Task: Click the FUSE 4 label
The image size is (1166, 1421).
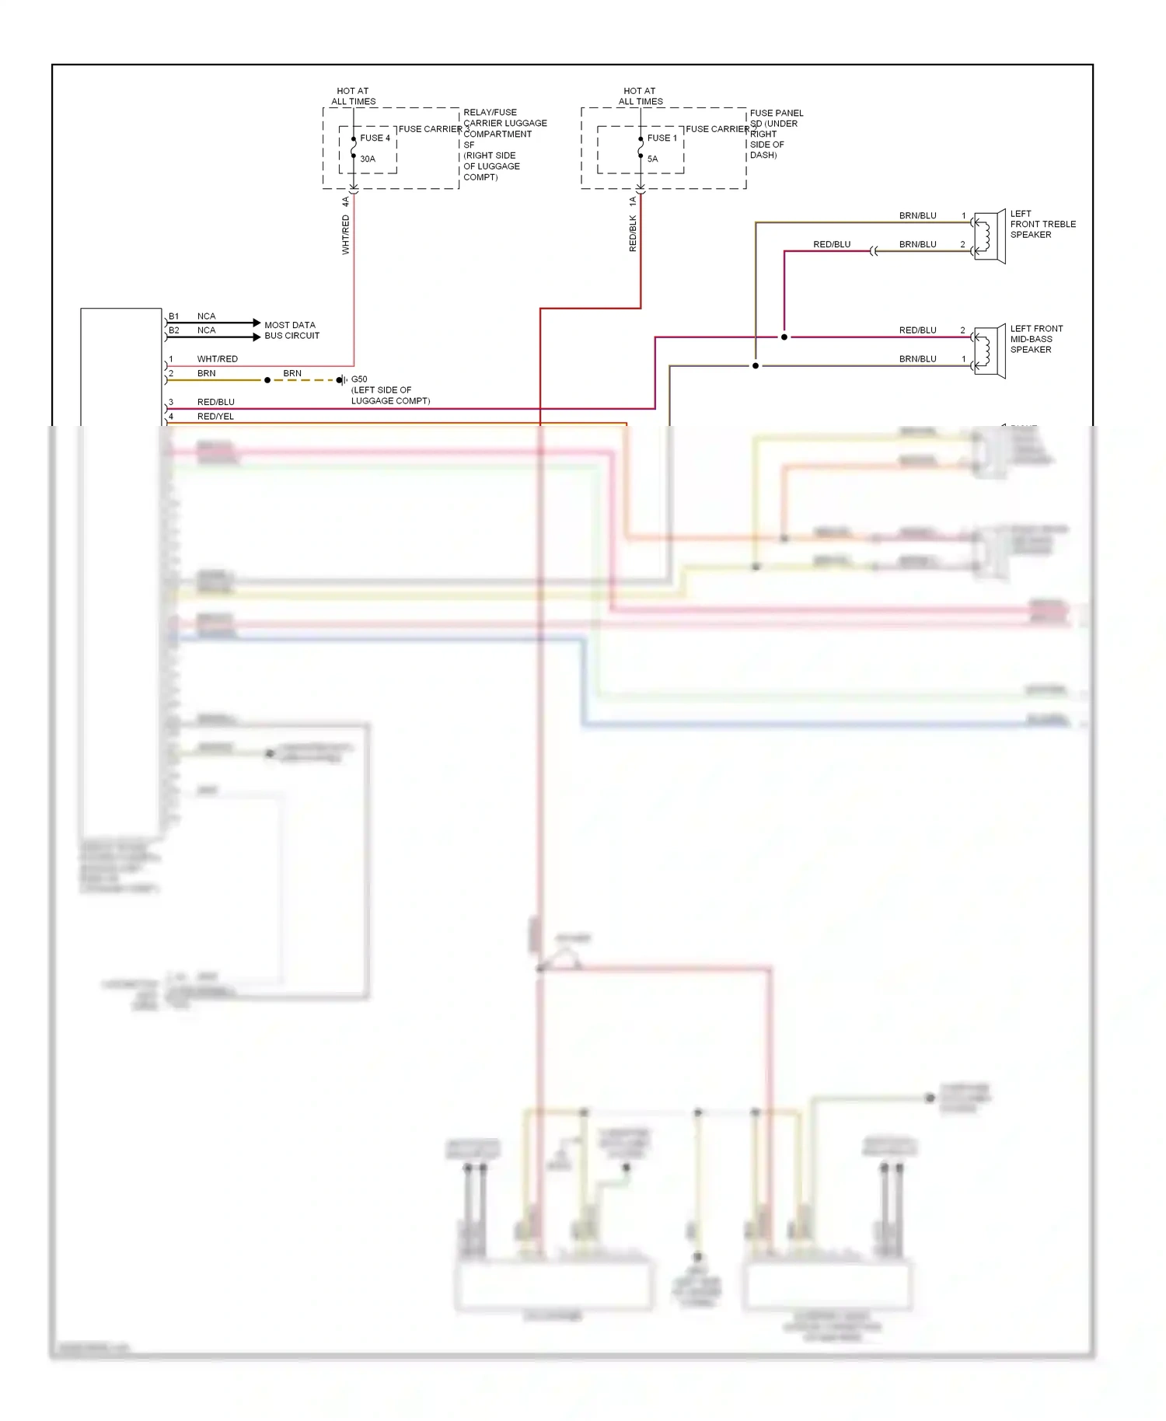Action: pos(375,138)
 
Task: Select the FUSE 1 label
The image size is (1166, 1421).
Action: pos(662,138)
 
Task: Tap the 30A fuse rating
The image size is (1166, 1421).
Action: pos(368,159)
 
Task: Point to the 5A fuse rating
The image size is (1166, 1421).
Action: pos(653,159)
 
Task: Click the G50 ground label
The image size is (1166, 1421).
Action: pos(359,379)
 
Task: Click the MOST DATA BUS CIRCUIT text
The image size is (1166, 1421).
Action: pos(291,330)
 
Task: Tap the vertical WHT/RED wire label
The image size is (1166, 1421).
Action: pos(346,235)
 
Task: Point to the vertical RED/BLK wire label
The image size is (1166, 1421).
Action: pos(633,234)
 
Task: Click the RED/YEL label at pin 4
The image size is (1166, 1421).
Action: pos(215,417)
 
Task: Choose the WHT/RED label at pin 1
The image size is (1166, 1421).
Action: pos(218,359)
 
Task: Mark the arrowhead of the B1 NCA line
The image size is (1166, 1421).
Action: pos(257,323)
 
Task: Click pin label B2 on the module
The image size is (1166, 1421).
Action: pos(174,330)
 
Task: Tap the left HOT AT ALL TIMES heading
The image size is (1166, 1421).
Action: pos(353,96)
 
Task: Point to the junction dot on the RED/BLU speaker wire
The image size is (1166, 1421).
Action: pos(784,337)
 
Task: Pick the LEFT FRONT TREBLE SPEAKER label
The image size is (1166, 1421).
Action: pos(1042,224)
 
